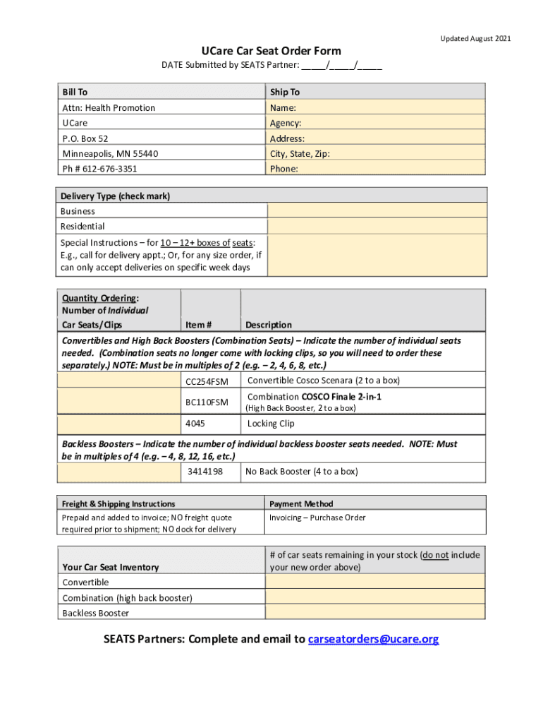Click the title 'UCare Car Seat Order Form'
coord(271,51)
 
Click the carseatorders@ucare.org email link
coord(373,639)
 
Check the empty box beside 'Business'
coord(377,211)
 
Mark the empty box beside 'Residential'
coord(377,226)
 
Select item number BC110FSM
coord(207,402)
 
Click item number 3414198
coord(205,471)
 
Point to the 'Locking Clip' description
coord(271,424)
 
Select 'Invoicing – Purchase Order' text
coord(317,518)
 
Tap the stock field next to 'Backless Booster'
coord(374,613)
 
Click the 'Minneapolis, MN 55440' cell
coord(110,153)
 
